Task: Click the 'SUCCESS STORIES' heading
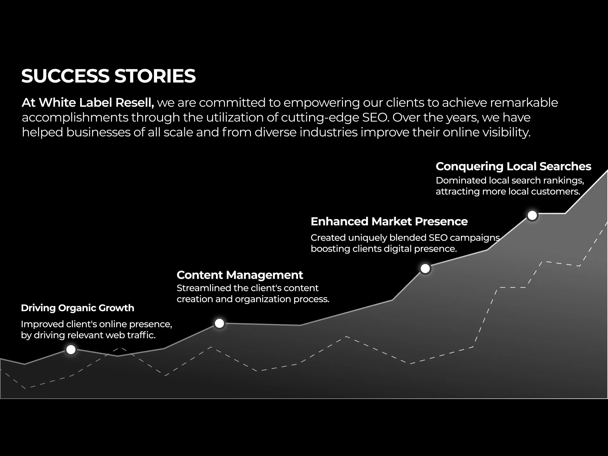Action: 109,76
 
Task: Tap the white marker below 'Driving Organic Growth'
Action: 71,350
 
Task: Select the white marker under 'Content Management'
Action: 219,323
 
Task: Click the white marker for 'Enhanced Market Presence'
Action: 425,269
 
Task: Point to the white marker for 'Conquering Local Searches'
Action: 532,215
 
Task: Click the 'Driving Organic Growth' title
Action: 78,308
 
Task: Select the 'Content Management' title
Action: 240,275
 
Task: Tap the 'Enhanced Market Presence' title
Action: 389,221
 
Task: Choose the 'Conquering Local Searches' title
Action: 513,166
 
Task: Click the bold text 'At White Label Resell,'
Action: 88,103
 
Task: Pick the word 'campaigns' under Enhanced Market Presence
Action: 475,238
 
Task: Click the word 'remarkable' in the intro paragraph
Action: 524,103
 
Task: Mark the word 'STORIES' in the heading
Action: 155,76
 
